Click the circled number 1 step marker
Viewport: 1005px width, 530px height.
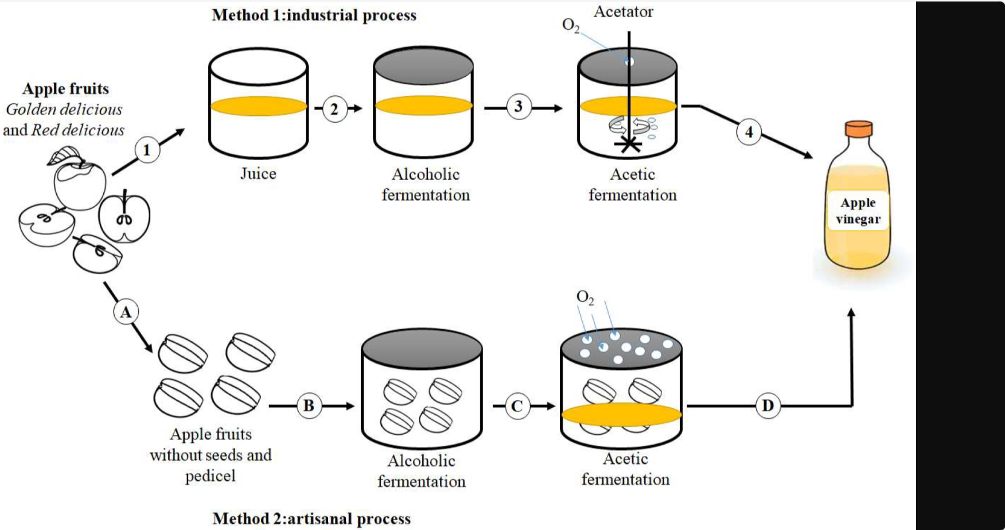[147, 150]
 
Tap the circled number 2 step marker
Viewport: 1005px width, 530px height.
[334, 109]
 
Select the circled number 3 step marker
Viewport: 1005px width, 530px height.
[519, 107]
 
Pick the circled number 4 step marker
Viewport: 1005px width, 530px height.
[749, 132]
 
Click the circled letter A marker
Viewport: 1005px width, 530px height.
[126, 312]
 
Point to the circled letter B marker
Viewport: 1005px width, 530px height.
[309, 406]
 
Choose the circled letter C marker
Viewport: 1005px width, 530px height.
[517, 406]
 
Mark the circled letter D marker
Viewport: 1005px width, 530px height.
[768, 406]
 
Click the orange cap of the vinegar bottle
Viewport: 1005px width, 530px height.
[858, 128]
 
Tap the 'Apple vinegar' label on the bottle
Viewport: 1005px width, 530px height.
[858, 211]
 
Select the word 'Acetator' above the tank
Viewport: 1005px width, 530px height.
[624, 12]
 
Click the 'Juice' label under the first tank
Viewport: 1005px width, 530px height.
[258, 174]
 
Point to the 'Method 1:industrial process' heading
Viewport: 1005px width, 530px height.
[314, 15]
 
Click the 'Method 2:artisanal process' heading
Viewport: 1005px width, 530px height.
[311, 519]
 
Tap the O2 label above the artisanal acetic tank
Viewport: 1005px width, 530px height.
[585, 297]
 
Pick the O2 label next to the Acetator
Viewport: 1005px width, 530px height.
[571, 26]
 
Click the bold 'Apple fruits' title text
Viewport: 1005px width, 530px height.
[65, 89]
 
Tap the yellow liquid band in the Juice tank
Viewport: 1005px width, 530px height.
[259, 106]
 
